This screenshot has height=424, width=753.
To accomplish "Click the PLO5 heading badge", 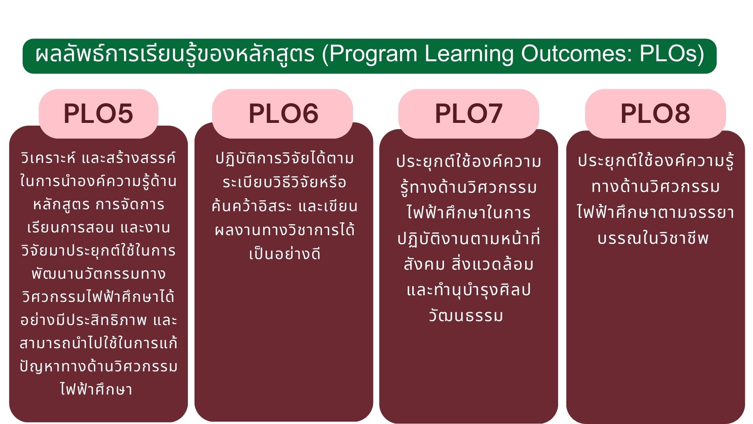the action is point(98,113).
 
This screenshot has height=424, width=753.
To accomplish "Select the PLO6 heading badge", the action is point(282,113).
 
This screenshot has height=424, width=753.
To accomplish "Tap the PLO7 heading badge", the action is point(469,113).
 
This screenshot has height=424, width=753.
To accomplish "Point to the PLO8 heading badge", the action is point(655,113).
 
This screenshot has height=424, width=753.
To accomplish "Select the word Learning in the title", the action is point(469,55).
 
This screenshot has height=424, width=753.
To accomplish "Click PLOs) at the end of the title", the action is point(672,55).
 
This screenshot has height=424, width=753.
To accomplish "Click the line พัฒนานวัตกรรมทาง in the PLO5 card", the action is point(98,274).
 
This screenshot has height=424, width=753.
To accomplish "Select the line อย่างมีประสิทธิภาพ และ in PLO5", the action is point(98,320).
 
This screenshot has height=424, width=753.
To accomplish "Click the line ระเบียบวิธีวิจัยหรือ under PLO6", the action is point(284,182).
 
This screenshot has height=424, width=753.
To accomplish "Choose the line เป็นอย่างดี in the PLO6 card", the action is point(285,253).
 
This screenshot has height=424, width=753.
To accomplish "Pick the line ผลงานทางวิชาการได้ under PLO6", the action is point(285,230).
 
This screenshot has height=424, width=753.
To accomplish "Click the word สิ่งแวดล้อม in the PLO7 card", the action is point(492,264).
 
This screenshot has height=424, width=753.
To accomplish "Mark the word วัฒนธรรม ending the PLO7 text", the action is point(466,316).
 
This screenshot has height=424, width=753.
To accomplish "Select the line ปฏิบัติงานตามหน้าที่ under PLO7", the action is point(469,239).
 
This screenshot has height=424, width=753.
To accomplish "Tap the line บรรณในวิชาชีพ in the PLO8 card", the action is point(653,238).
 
